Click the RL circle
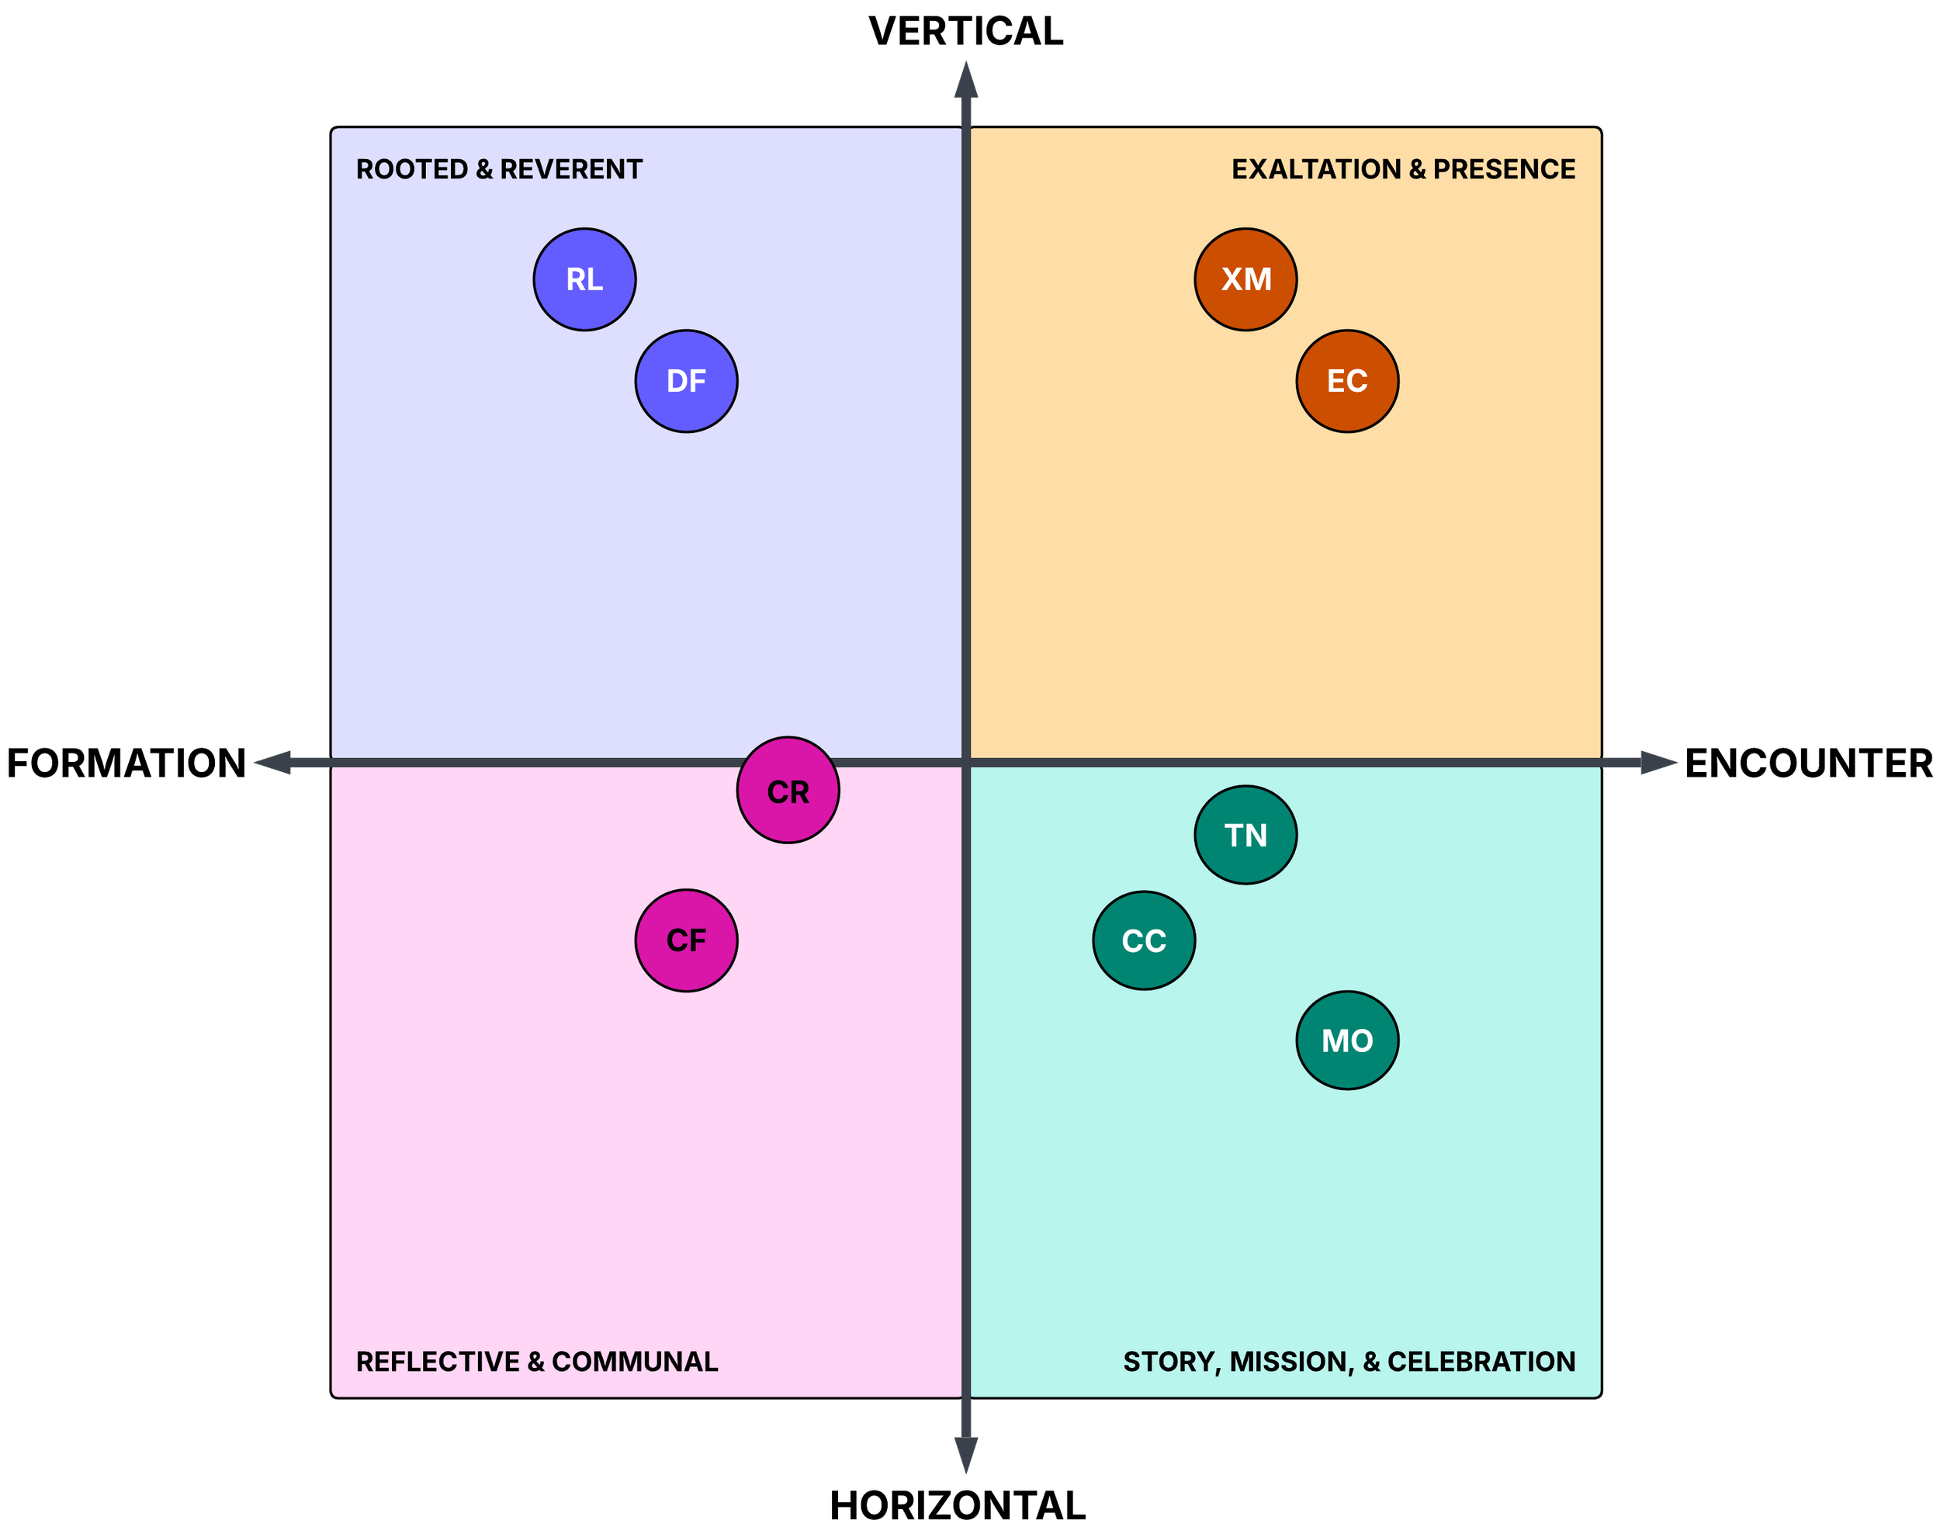[584, 279]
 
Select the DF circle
[686, 381]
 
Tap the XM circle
[1245, 279]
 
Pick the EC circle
[1347, 381]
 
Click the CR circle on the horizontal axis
[788, 791]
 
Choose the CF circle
[686, 940]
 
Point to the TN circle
[1245, 835]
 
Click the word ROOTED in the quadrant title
[412, 170]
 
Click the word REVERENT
[571, 170]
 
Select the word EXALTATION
[1316, 170]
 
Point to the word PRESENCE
[1504, 170]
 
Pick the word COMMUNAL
[634, 1362]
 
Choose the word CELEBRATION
[1481, 1362]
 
